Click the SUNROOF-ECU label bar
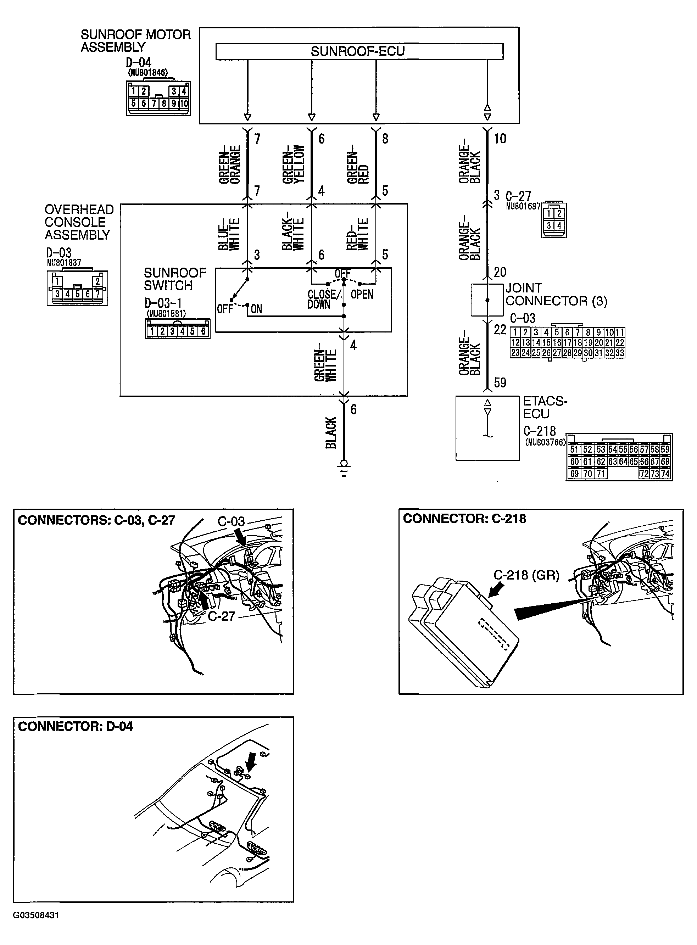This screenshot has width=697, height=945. click(x=359, y=51)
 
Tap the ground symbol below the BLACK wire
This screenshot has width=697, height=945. click(x=344, y=468)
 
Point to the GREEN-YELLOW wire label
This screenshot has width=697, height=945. click(x=293, y=164)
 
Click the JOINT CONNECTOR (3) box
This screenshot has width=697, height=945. click(x=487, y=300)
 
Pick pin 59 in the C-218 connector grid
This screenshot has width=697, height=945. click(x=665, y=450)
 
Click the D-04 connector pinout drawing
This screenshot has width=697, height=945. click(x=158, y=98)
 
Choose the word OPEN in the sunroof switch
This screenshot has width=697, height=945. click(x=362, y=295)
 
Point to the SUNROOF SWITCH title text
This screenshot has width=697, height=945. click(x=175, y=279)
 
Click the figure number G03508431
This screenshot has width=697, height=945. click(x=36, y=927)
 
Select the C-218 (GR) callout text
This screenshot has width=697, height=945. click(x=526, y=575)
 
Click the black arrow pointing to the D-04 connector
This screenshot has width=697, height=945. click(x=251, y=761)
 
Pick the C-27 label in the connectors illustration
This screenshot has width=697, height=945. click(x=221, y=616)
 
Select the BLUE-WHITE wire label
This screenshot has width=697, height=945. click(x=229, y=235)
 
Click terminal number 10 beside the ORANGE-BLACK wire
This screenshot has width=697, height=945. click(x=500, y=139)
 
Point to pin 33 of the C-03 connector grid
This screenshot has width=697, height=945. click(x=619, y=353)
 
